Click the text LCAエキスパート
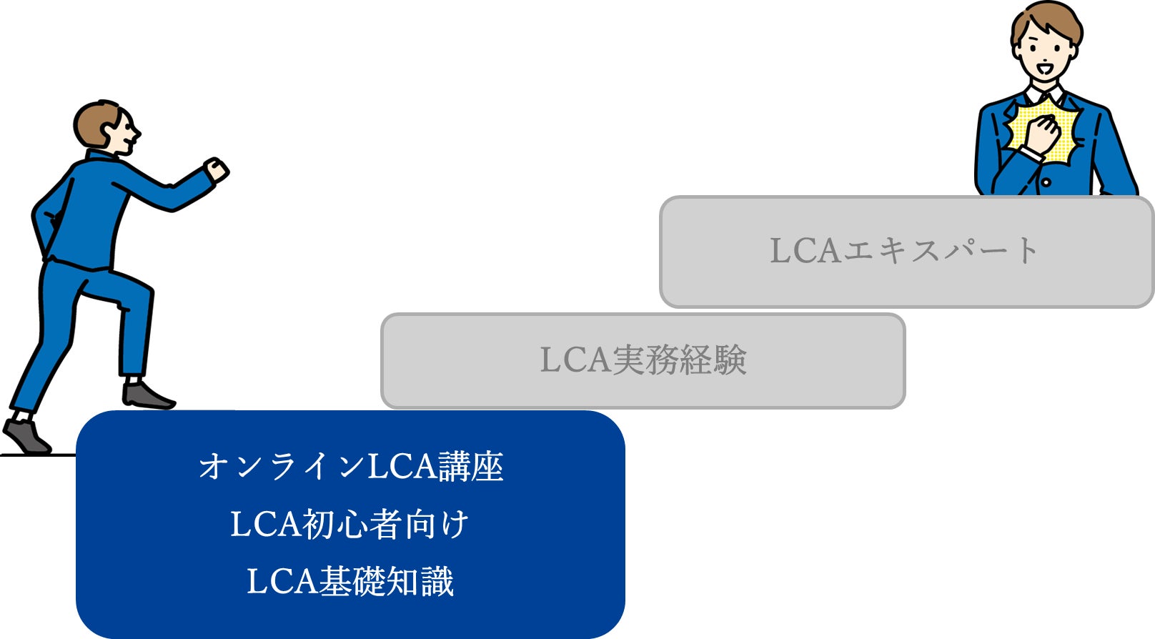coord(904,251)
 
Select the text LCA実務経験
coord(643,360)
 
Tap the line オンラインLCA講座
coord(350,467)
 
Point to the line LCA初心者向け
coord(350,524)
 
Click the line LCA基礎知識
coord(350,581)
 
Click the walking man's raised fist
coord(216,170)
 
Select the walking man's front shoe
coord(147,395)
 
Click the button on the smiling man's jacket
coord(1046,182)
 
